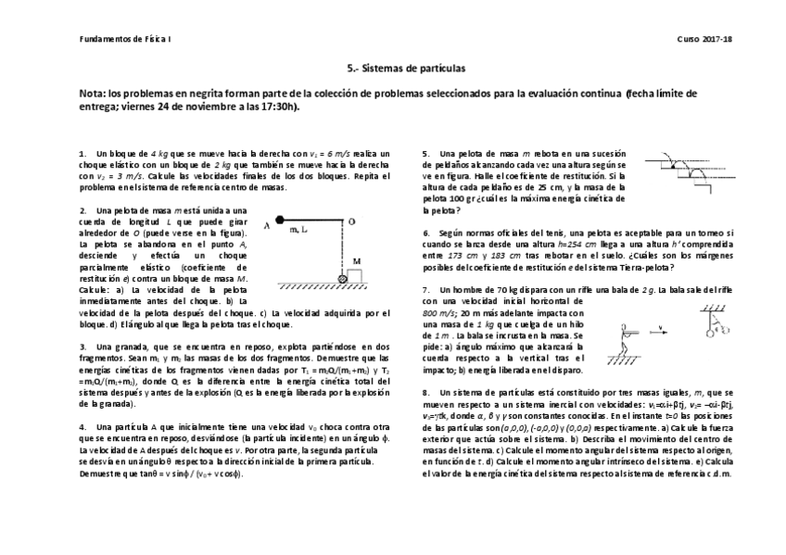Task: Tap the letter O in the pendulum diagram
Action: click(351, 221)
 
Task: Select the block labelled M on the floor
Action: click(356, 274)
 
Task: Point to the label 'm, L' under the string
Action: click(299, 229)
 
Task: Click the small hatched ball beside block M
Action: click(343, 277)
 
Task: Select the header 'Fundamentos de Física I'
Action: click(120, 38)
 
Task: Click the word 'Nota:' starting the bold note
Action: click(94, 94)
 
